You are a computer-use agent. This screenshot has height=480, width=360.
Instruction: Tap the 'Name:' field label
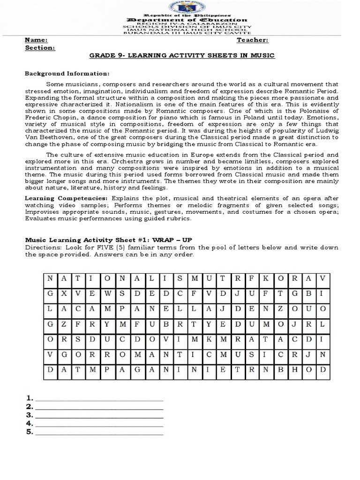[36, 41]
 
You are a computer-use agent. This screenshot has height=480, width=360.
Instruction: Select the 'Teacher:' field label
[253, 41]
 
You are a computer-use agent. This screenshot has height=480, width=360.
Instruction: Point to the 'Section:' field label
[40, 48]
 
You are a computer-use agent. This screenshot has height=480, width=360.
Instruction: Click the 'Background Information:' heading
[67, 74]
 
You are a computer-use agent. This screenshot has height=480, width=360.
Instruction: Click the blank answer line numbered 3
[99, 415]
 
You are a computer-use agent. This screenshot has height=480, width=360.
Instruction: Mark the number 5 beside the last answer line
[29, 432]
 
